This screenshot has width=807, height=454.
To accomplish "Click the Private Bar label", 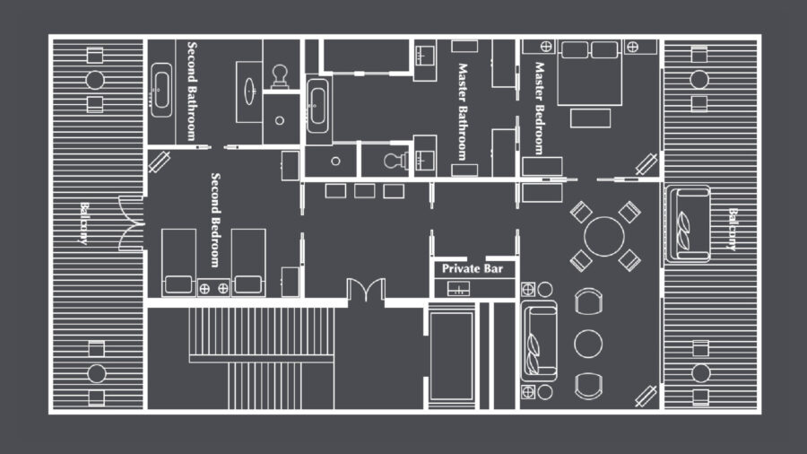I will pos(473,268).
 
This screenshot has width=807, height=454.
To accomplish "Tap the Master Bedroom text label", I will pos(539,108).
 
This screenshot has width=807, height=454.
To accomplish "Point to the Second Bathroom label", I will pos(192,91).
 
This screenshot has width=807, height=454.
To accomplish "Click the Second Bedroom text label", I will pos(215,219).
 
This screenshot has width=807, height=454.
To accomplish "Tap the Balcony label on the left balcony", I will pos(84,223).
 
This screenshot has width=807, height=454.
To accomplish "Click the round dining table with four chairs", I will pos(604,236).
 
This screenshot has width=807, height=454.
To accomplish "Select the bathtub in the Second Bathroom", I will pos(161,90).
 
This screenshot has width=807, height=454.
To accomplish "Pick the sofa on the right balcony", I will pos(687,223).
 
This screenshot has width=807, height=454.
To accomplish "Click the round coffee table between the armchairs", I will pos(588,343).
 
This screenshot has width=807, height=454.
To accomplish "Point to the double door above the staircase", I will pos(366,291).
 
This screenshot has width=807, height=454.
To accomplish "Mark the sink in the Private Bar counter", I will pos(459,289).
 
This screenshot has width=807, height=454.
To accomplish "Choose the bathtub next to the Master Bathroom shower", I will pos(317,105).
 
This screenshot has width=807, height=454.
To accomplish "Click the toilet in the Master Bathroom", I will pos(393,161).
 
